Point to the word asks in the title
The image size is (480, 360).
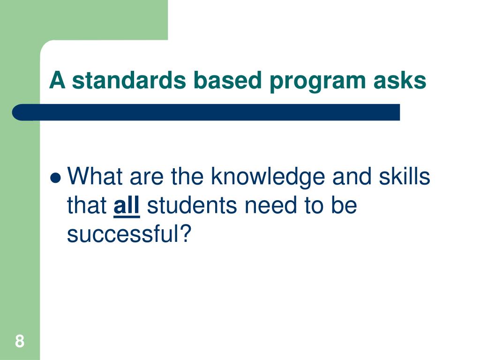point(400,80)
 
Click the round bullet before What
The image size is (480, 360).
point(56,178)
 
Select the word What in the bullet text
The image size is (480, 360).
point(95,177)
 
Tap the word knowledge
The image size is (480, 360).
point(268,177)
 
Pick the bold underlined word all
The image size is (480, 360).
point(127,206)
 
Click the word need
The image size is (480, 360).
point(264,206)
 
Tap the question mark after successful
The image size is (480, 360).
point(186,234)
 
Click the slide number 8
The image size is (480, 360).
point(19,341)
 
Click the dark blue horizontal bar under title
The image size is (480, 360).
point(206,112)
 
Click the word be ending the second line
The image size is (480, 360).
point(345,206)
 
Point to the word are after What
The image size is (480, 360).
point(148,177)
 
